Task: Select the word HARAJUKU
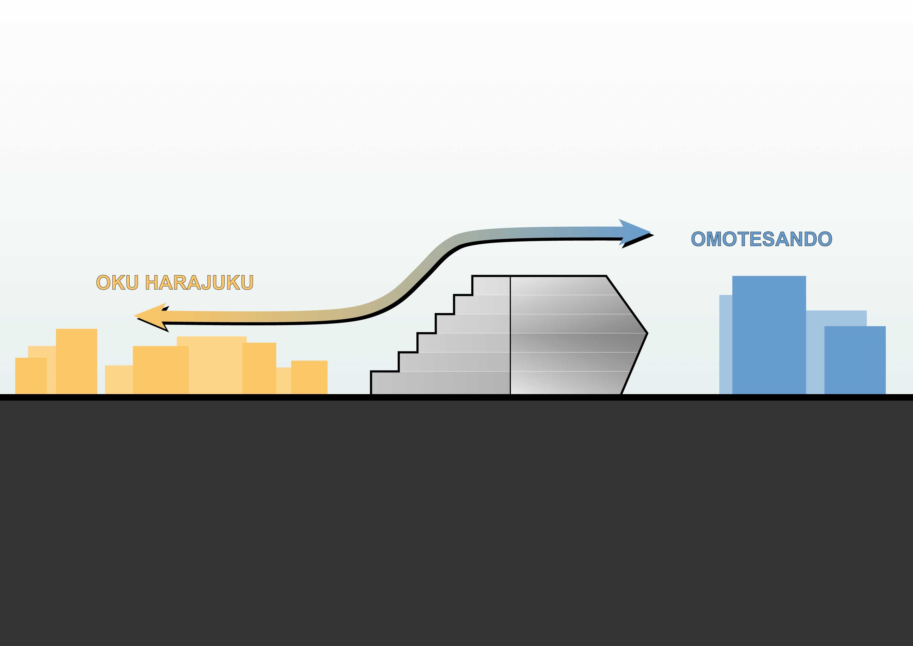pyautogui.click(x=199, y=283)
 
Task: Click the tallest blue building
pyautogui.click(x=769, y=334)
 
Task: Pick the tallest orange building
pyautogui.click(x=76, y=360)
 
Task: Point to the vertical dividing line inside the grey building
pyautogui.click(x=510, y=334)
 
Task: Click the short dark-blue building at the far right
pyautogui.click(x=855, y=360)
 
